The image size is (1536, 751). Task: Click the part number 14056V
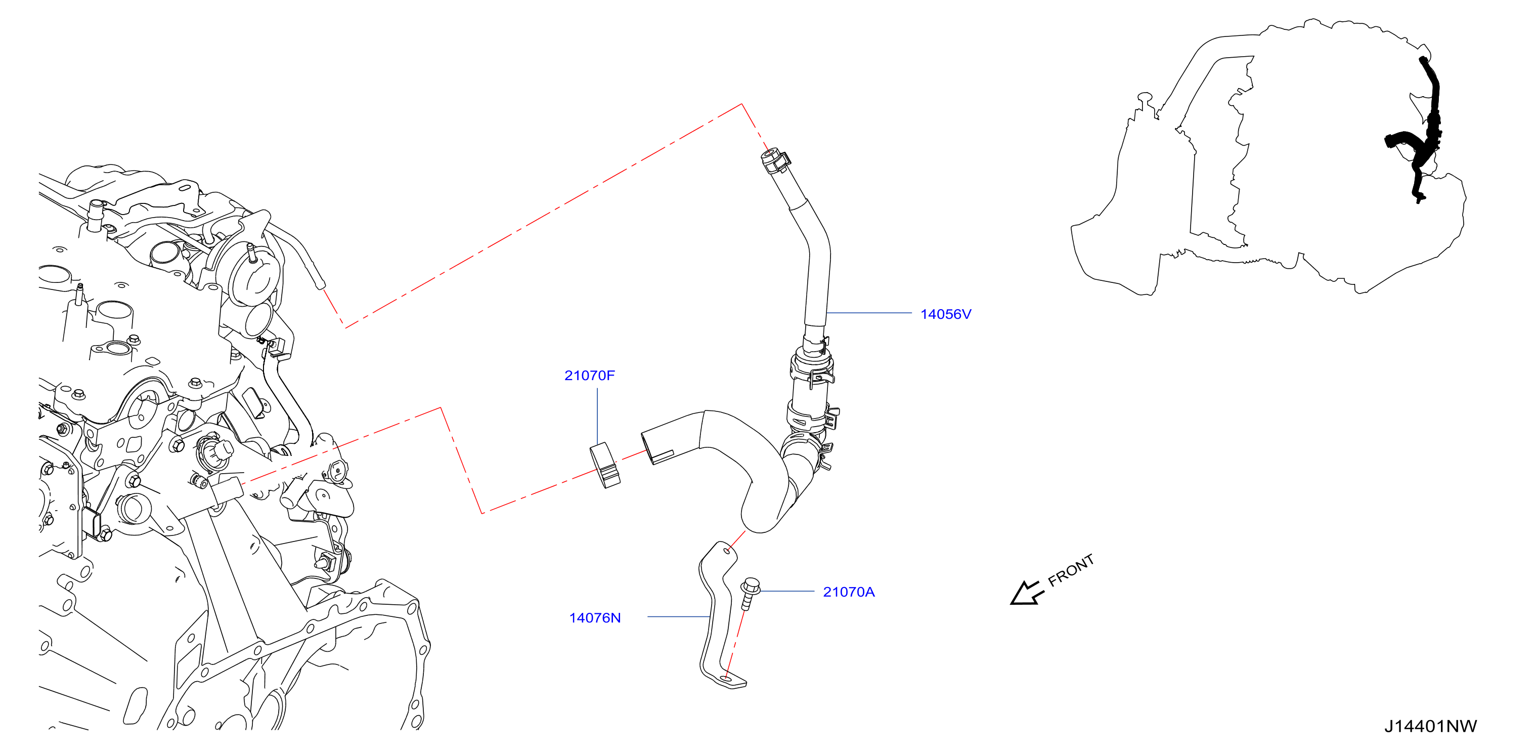tap(946, 314)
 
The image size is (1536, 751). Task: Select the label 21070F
tap(589, 376)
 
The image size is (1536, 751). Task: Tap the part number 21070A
tap(849, 592)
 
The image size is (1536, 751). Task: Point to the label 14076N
tap(595, 618)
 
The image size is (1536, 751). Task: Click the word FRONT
tap(1071, 570)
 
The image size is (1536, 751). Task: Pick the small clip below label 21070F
tap(604, 465)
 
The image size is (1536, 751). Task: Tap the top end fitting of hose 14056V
tap(776, 159)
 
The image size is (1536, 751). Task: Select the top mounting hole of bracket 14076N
tap(726, 551)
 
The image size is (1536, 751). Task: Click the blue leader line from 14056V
tap(869, 313)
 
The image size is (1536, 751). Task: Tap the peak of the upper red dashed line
tap(742, 104)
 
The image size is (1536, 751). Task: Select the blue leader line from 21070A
tap(787, 591)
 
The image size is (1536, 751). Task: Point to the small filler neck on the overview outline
tap(1146, 101)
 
